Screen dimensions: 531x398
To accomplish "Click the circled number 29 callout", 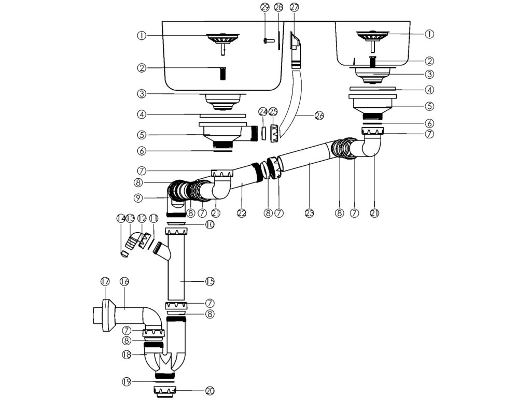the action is point(265,7).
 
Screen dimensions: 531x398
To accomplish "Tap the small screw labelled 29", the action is point(267,40).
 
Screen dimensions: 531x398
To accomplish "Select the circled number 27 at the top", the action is point(295,7).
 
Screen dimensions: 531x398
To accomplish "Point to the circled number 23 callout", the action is point(309,213).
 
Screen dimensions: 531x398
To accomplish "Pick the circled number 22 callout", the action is point(242,213).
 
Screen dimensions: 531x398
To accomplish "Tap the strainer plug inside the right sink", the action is point(372,40).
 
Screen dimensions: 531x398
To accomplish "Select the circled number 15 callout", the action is point(210,281).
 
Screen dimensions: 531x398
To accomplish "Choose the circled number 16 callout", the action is point(124,281).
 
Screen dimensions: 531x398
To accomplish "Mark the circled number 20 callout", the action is point(210,391).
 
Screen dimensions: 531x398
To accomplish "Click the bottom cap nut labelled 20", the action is point(165,391).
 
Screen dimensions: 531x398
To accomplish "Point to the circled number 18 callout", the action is point(127,354).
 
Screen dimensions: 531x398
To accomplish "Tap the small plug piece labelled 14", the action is point(124,253).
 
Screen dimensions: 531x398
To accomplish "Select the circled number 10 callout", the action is point(210,224).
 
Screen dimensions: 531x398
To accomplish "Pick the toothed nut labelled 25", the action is point(274,134).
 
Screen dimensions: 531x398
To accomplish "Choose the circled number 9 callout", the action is point(138,198).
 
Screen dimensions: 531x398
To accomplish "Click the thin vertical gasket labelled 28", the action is point(278,40).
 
